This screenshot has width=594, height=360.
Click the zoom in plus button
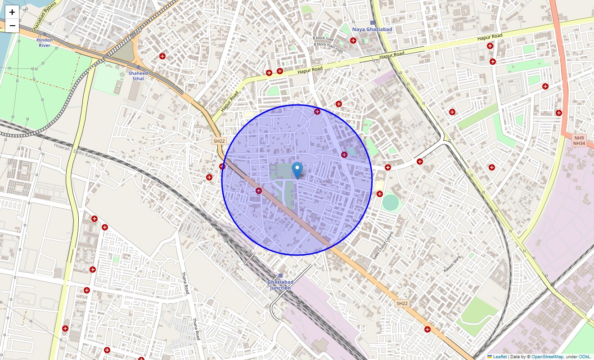[x=12, y=12]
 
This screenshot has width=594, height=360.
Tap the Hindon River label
[x=45, y=43]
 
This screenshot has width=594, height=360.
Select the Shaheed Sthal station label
[x=138, y=76]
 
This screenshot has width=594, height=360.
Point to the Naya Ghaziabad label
[x=372, y=30]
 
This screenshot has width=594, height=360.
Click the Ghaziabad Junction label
[x=280, y=285]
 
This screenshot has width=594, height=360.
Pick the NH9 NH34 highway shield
[x=579, y=140]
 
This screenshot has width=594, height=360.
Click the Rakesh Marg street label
[x=452, y=264]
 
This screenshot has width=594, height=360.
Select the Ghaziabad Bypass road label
[x=45, y=13]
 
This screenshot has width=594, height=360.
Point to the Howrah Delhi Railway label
[x=77, y=152]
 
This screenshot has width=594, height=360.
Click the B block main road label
[x=328, y=48]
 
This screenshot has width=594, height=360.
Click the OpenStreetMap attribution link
[x=547, y=356]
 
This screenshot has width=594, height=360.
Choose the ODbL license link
[x=585, y=356]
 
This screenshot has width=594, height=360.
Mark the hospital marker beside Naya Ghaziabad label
[x=353, y=40]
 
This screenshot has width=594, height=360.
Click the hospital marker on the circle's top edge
[x=317, y=111]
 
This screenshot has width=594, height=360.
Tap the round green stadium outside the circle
[x=391, y=203]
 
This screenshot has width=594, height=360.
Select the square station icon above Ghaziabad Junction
[x=280, y=275]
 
